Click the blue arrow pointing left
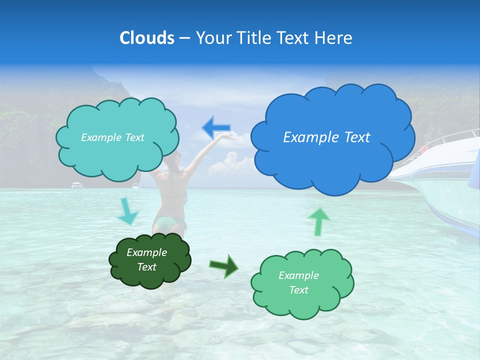[216, 128]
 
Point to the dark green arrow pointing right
[223, 265]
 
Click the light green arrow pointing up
[318, 221]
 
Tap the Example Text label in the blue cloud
[326, 137]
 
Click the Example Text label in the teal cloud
[112, 137]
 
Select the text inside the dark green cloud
[147, 259]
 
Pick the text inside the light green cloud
[298, 282]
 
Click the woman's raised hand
[228, 136]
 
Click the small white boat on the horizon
[77, 185]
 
